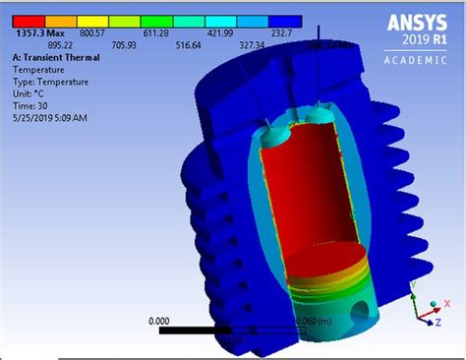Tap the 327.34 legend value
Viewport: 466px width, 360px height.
click(x=261, y=44)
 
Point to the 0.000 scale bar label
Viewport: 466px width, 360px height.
click(x=161, y=321)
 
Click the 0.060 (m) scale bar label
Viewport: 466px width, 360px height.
click(x=315, y=321)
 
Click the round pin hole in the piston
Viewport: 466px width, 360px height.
click(x=367, y=312)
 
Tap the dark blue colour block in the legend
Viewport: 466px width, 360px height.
click(x=286, y=20)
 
